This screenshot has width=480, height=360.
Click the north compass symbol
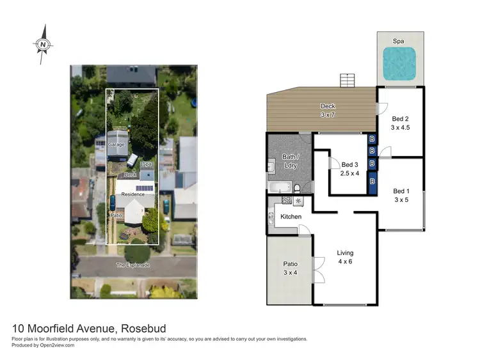(43, 44)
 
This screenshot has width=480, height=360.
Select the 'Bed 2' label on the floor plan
(400, 118)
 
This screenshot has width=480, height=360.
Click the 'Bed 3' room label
(349, 164)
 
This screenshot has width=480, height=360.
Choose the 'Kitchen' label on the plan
(291, 217)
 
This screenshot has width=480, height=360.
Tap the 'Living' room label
(345, 253)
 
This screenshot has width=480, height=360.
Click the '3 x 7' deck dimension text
(327, 114)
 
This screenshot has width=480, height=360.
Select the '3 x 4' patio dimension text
(291, 272)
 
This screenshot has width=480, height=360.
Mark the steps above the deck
(347, 81)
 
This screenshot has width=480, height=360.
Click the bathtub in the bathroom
(278, 187)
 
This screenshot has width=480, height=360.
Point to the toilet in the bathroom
(298, 188)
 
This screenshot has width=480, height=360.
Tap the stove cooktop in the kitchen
(287, 201)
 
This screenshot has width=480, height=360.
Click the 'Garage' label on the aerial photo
(116, 145)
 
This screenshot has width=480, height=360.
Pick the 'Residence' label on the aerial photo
(133, 194)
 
